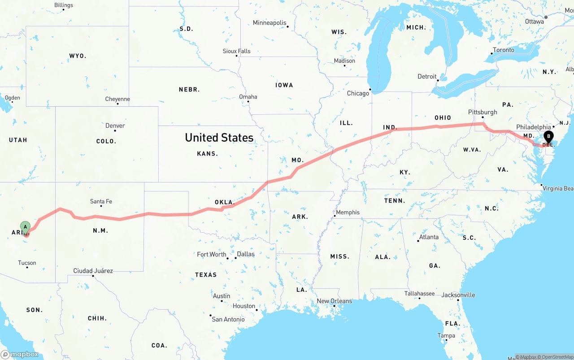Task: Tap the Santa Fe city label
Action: coord(101,201)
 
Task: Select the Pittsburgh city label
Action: coord(483,112)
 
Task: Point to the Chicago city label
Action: coord(358,93)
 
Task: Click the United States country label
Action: coord(219,138)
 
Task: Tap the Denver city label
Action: coord(115,126)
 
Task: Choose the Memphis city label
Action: coord(348,212)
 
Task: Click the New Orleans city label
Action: coord(335,301)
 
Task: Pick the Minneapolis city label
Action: coord(270,22)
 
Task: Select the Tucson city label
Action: coord(27,263)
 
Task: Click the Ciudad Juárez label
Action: coord(93,271)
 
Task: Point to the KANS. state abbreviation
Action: coord(208,153)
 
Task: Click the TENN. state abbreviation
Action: coord(395,200)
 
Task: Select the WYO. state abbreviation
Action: coord(78,56)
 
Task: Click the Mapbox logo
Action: coord(20,354)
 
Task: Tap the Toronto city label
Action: coord(504,50)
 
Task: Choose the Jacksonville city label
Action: coord(458,295)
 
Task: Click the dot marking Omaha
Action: coord(248,101)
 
